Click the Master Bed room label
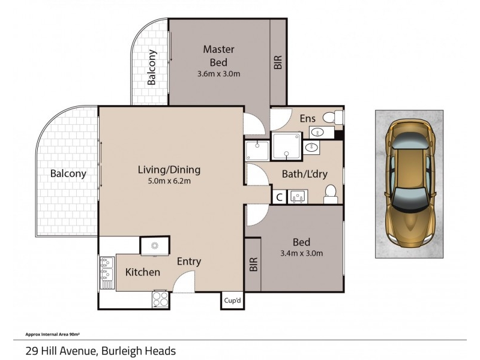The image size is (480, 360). (218, 56)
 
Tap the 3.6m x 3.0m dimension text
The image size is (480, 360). (218, 74)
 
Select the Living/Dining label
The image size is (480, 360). (169, 170)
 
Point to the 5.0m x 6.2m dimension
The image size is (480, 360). (169, 181)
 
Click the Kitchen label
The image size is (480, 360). (143, 272)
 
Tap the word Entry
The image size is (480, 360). (189, 262)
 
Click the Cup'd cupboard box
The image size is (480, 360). (232, 301)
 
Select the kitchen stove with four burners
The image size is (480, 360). (160, 299)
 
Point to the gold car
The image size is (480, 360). (409, 184)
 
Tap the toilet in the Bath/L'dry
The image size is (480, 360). (331, 194)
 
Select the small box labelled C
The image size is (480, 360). (279, 197)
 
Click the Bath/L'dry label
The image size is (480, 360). (305, 174)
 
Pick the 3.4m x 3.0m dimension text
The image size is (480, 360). (302, 253)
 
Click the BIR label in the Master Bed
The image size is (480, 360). (278, 62)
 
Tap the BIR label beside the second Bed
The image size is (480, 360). (253, 265)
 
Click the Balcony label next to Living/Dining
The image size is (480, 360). (68, 173)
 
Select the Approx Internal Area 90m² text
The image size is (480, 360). (52, 335)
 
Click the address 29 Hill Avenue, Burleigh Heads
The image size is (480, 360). (100, 351)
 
